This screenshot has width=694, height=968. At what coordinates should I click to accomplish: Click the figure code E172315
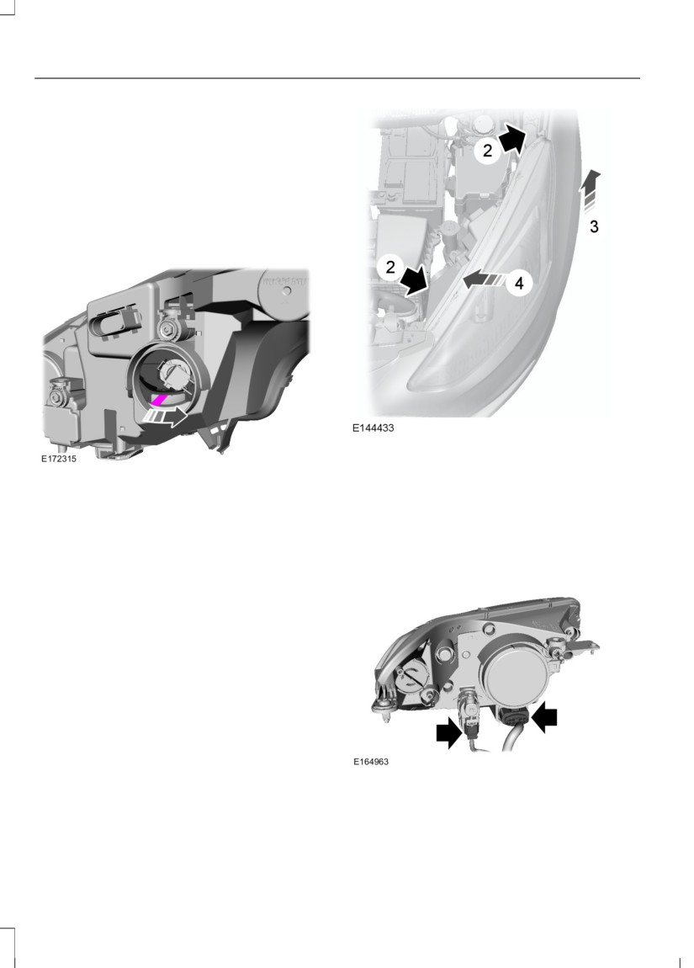[59, 459]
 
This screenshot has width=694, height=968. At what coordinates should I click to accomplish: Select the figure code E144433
[373, 428]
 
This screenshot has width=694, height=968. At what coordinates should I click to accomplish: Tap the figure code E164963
[371, 761]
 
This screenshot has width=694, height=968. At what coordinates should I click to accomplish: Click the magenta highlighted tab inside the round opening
[160, 400]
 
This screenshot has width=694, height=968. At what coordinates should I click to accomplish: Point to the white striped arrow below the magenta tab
[166, 418]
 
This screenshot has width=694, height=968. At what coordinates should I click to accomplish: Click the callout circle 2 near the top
[487, 150]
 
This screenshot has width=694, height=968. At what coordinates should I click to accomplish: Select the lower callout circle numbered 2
[389, 268]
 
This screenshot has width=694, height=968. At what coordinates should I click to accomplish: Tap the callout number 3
[594, 226]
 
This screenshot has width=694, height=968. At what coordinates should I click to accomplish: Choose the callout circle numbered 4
[519, 284]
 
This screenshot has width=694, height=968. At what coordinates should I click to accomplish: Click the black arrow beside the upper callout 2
[513, 138]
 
